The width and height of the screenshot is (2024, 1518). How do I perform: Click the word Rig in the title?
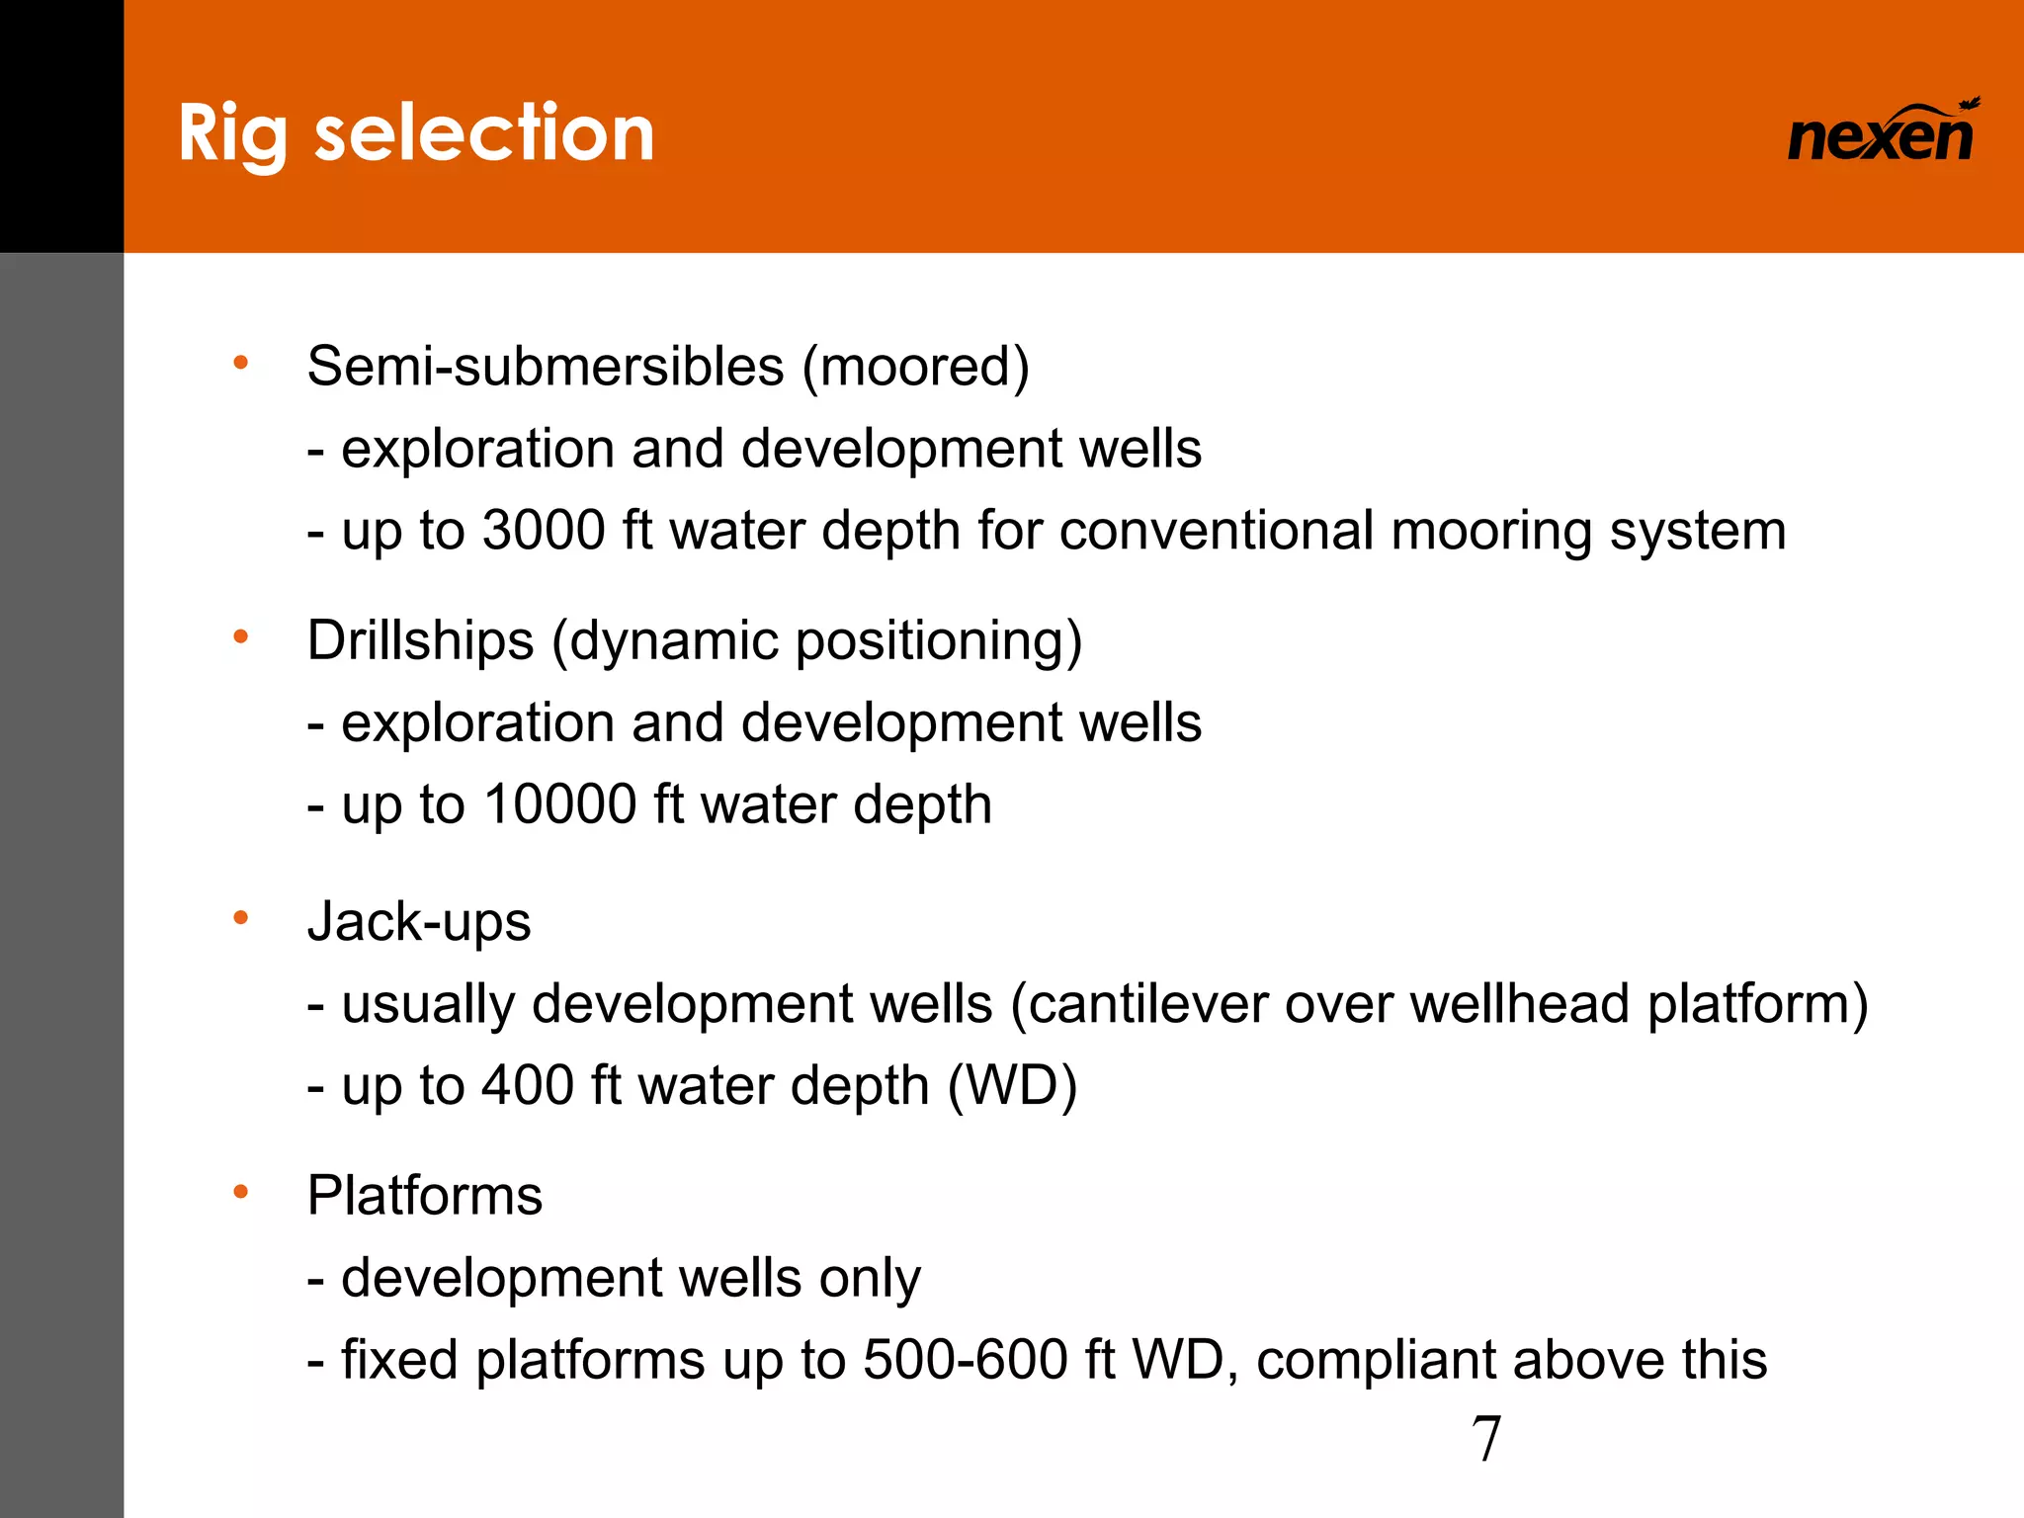point(233,133)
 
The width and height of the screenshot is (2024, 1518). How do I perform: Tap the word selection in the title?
point(484,133)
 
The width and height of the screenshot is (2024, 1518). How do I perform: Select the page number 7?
point(1486,1439)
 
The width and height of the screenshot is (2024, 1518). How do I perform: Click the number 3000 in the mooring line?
point(544,531)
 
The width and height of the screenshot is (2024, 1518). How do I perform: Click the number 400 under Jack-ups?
point(528,1085)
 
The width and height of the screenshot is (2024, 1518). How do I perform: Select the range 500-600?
point(966,1360)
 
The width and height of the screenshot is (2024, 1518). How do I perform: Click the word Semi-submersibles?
point(546,367)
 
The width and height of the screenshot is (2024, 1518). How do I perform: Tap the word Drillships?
point(420,640)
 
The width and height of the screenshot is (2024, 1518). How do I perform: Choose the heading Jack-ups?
point(419,922)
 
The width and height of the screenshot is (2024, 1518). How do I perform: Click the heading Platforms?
point(425,1196)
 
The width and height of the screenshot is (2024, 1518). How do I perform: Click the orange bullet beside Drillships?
point(240,637)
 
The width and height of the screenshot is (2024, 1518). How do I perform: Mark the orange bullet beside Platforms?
point(240,1193)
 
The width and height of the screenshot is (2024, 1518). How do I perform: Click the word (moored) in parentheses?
point(915,367)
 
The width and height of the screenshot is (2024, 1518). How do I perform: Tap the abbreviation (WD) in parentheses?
point(1012,1085)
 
